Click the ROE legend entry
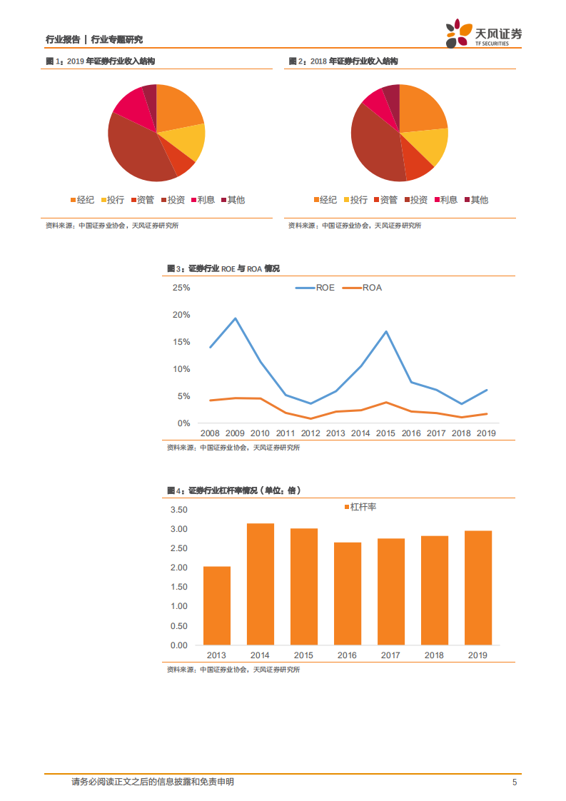coord(316,288)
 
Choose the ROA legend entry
coord(364,288)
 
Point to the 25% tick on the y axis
coord(181,288)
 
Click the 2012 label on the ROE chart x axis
coord(310,433)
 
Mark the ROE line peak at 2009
coord(236,318)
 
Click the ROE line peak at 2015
coord(386,331)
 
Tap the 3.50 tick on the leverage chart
coord(178,510)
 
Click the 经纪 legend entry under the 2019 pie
coord(82,200)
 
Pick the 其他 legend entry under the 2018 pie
coord(476,200)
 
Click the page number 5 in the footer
coord(514,782)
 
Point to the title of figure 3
coord(223,268)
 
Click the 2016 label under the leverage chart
coord(347,655)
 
